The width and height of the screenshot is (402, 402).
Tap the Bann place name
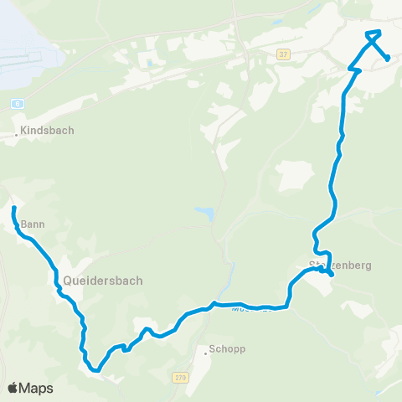click(x=32, y=224)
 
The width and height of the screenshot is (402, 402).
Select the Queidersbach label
click(x=102, y=281)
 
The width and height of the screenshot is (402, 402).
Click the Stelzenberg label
click(x=339, y=265)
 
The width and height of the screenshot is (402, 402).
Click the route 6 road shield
click(x=16, y=102)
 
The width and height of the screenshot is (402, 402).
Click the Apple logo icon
click(x=13, y=389)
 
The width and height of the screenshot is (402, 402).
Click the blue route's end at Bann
click(x=13, y=207)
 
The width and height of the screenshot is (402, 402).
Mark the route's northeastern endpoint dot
click(x=388, y=58)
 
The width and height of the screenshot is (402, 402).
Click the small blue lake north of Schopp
click(x=204, y=214)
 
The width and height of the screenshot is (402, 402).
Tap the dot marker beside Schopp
click(x=205, y=351)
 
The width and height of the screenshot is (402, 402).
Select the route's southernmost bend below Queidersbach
click(x=96, y=369)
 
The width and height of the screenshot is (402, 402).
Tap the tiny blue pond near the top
click(x=148, y=61)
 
